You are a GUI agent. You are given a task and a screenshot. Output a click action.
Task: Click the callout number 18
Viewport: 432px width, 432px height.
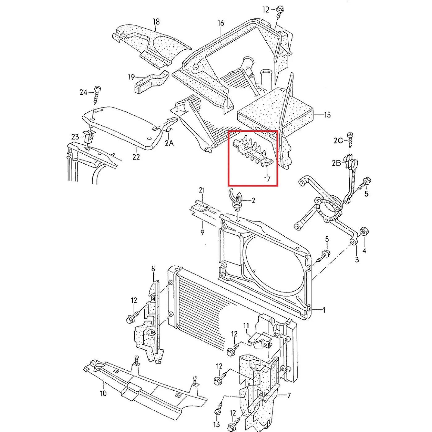(156, 22)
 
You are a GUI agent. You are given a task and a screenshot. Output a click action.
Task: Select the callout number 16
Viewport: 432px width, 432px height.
(221, 23)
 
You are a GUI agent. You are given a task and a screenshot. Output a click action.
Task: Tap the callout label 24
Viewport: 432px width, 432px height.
(83, 92)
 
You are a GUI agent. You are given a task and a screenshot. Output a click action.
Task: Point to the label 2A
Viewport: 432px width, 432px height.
(169, 143)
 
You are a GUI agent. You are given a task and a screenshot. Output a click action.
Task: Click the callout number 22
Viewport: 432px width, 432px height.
(136, 157)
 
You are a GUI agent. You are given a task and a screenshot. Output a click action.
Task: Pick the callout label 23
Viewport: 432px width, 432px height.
(75, 136)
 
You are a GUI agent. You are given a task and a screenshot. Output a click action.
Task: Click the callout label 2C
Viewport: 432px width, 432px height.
(338, 141)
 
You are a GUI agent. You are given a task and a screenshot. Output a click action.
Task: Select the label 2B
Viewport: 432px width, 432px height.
(337, 163)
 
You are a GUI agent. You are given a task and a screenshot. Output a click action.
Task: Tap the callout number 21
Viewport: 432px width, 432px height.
(202, 190)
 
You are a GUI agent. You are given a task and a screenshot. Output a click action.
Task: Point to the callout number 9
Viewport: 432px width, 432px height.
(202, 232)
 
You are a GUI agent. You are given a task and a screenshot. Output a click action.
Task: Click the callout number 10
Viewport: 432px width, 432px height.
(103, 399)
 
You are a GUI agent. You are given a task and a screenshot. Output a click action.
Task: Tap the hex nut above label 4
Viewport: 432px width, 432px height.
(363, 231)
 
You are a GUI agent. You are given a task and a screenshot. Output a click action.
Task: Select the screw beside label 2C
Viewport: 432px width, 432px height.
(350, 140)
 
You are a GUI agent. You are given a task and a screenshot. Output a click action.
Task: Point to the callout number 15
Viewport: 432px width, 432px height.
(327, 115)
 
